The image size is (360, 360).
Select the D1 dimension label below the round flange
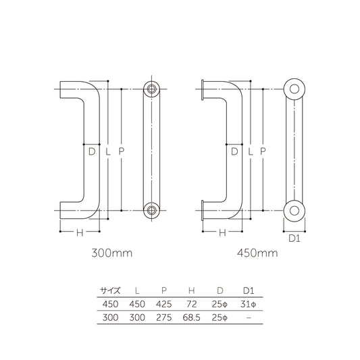294,238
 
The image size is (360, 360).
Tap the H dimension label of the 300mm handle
79,233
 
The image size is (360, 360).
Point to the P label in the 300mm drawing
121,152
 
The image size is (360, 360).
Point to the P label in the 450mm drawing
262,152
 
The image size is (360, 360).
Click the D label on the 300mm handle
91,152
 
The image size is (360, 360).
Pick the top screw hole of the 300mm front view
151,89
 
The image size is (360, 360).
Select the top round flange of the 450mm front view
294,90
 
